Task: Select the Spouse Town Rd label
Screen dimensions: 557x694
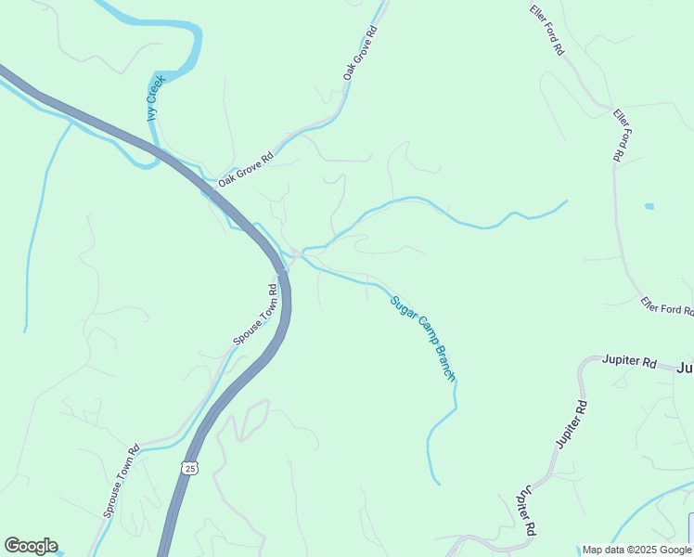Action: click(255, 314)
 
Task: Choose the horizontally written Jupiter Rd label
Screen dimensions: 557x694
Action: click(629, 360)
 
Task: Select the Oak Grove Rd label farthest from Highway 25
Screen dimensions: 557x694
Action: click(362, 52)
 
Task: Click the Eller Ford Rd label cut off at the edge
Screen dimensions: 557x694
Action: click(666, 306)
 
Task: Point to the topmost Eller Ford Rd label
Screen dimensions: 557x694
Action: click(547, 31)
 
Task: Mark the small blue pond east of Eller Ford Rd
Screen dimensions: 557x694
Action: click(649, 205)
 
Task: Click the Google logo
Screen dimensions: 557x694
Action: click(31, 546)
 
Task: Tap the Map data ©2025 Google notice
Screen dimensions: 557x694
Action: click(636, 550)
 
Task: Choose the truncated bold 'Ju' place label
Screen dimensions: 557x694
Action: click(685, 368)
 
